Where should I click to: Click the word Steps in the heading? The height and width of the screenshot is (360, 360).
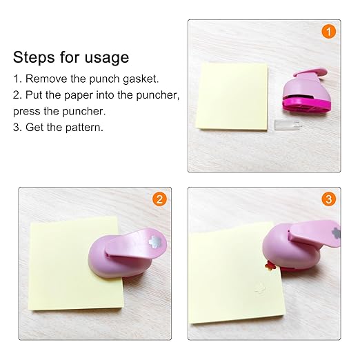(x=34, y=57)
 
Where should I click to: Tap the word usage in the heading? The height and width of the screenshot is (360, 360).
(x=105, y=58)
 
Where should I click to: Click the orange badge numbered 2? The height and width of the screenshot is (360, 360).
(x=159, y=200)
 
